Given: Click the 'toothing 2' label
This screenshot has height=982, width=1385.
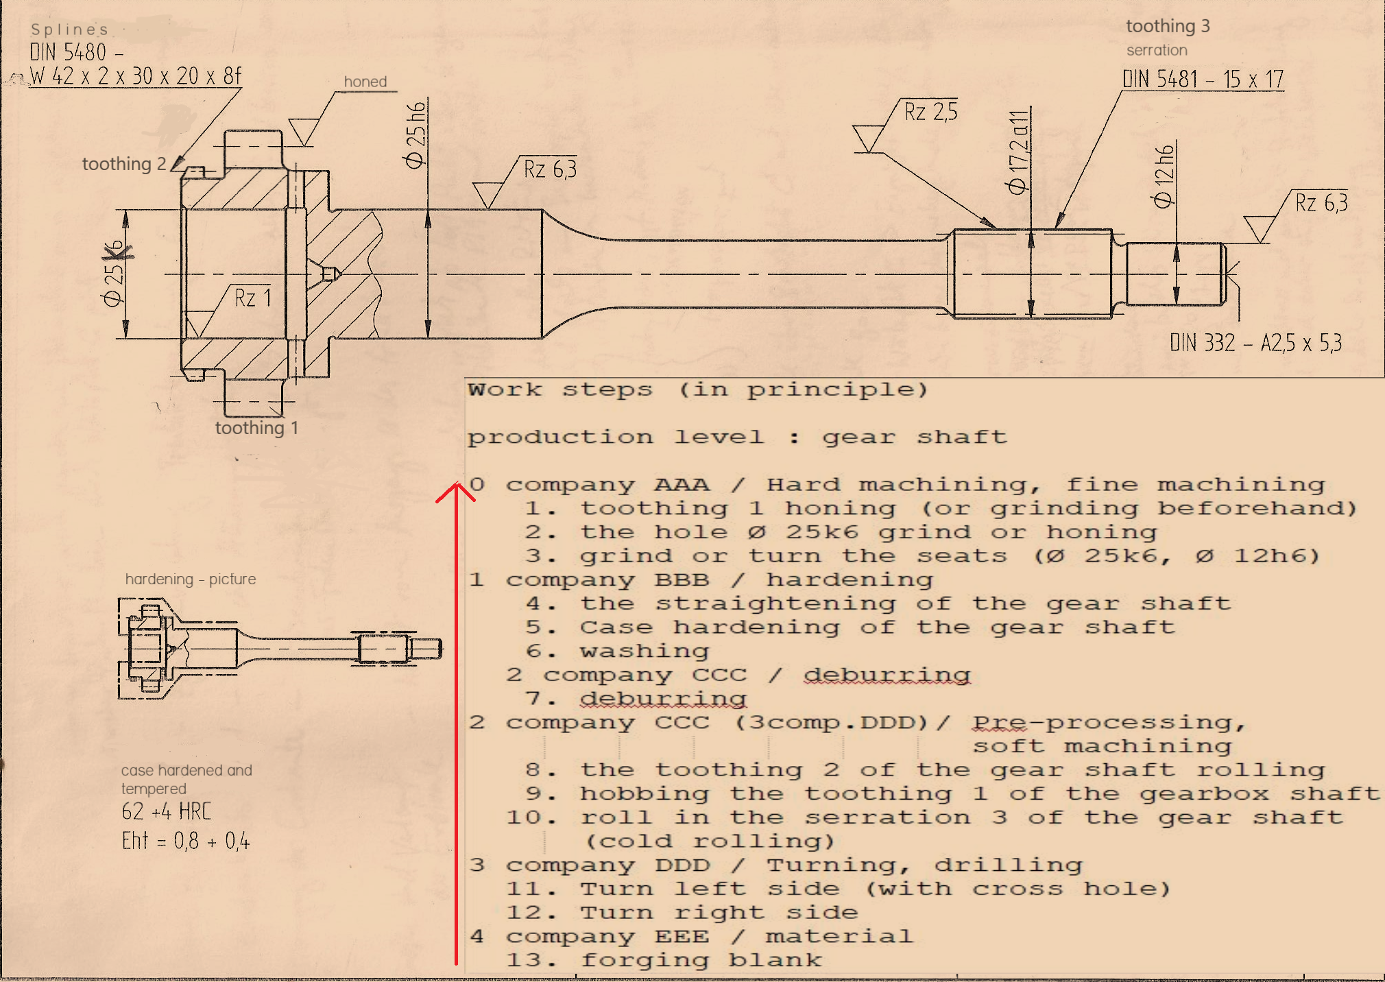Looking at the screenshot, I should pos(124,164).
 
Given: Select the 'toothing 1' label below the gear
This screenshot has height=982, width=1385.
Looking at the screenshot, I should pos(256,428).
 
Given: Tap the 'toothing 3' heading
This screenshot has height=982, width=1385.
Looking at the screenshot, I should pos(1168,26).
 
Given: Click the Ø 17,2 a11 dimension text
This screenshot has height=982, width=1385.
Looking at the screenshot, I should pos(1018,152).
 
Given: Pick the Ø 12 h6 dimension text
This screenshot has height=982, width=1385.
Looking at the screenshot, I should pos(1164,176).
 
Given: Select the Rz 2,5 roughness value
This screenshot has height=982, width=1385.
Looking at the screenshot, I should pos(930,112).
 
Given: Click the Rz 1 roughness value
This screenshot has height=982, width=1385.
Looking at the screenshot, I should pos(253,298).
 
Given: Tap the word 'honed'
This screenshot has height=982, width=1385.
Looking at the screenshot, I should pos(365,82).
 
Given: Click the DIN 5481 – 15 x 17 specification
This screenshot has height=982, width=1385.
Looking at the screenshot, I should pos(1203,80).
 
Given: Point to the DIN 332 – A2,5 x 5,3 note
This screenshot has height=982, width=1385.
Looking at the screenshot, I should pos(1255,343).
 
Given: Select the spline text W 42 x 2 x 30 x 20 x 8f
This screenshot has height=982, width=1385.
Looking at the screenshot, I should pos(136,76).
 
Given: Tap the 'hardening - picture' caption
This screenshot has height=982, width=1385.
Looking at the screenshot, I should pos(191,579).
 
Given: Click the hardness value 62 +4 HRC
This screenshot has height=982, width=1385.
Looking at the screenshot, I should pos(167,812).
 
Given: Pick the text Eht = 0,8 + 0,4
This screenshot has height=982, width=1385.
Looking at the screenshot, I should pos(186,841).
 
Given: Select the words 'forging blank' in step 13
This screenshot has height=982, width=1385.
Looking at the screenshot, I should pos(701,960).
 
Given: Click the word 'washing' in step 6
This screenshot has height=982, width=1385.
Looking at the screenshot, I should pos(645,651).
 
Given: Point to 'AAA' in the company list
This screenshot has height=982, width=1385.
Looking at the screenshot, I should pos(682,485).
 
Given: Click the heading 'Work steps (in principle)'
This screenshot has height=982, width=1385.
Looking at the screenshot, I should pos(697,390).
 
